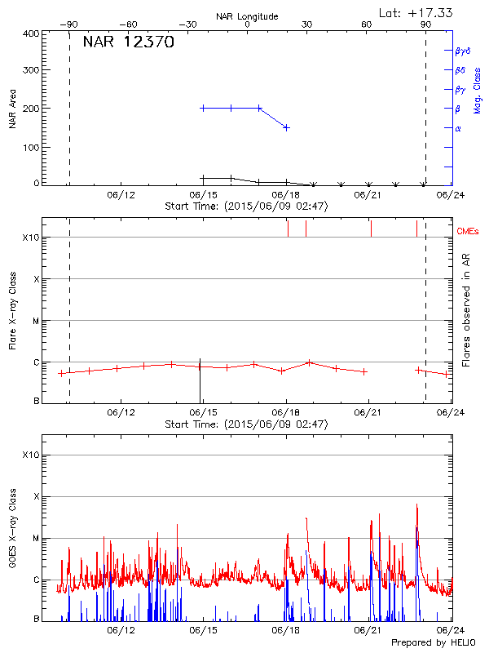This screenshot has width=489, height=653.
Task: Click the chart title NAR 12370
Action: [128, 42]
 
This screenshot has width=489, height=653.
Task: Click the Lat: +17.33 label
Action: [416, 12]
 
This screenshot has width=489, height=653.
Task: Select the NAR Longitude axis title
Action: [247, 16]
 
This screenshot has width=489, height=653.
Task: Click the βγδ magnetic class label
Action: [463, 51]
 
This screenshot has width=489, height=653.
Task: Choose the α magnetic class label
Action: [458, 128]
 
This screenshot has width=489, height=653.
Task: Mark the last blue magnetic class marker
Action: [286, 127]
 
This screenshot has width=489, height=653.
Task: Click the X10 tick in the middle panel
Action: [31, 238]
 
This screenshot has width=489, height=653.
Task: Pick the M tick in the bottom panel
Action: [36, 538]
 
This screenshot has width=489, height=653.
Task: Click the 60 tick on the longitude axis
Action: [367, 25]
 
